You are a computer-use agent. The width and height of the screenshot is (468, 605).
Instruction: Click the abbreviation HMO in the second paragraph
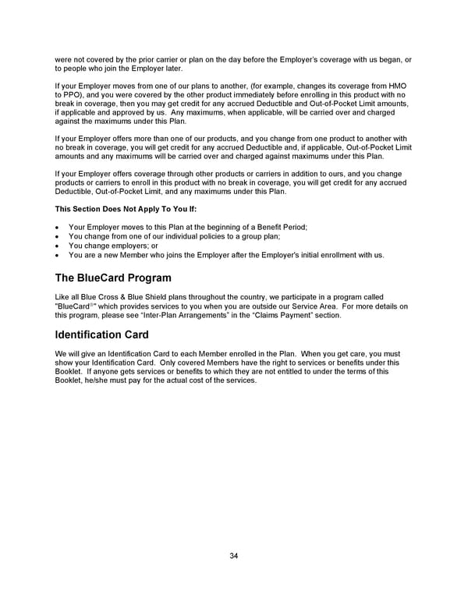coord(396,84)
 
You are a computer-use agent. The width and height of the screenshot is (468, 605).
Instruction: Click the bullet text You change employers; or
coord(113,246)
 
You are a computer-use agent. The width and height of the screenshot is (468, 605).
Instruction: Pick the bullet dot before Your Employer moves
coord(58,227)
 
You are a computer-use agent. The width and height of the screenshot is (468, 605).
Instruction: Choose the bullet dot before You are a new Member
coord(58,255)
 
